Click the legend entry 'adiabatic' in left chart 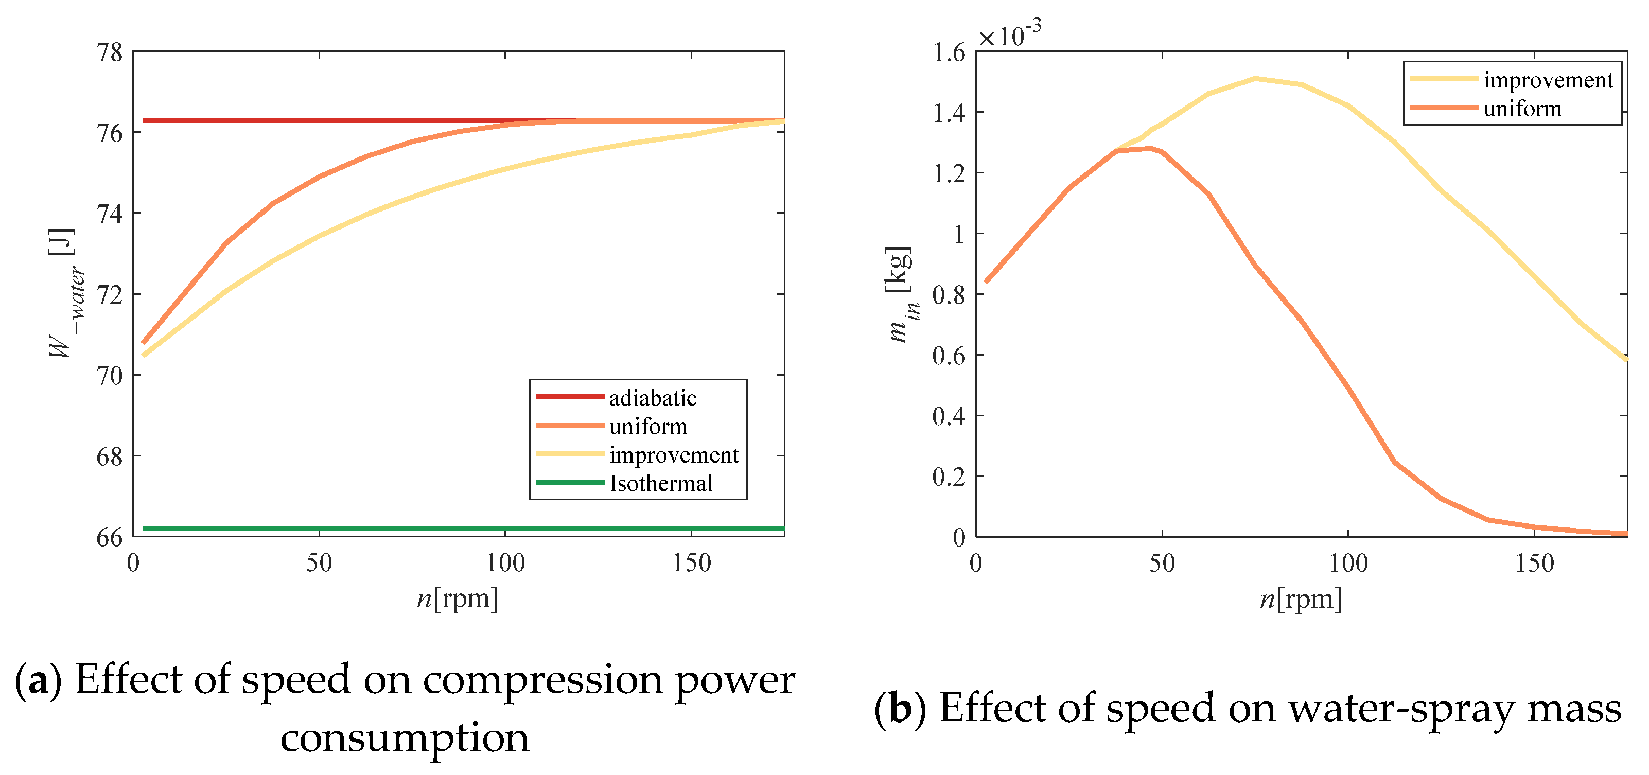(x=652, y=398)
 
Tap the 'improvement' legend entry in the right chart (x=1547, y=80)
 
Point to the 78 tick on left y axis (x=110, y=52)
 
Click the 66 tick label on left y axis (x=110, y=538)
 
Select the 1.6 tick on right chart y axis (x=948, y=52)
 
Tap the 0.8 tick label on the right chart (x=948, y=295)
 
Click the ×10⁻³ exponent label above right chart (x=1009, y=34)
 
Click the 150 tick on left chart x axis (x=691, y=563)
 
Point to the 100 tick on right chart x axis (x=1348, y=563)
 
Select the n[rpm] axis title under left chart (x=457, y=598)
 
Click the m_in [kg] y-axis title (x=901, y=294)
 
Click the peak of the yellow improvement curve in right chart (x=1255, y=79)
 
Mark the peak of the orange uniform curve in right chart (x=1150, y=149)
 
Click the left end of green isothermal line (x=144, y=528)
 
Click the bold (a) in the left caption (x=39, y=680)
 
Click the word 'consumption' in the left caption (x=405, y=738)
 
